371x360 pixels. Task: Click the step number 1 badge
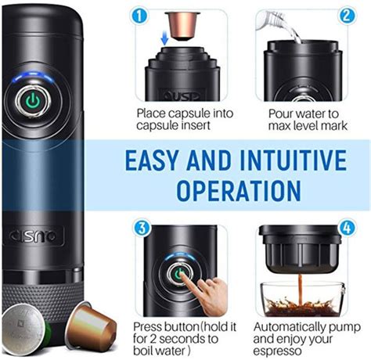[139, 16]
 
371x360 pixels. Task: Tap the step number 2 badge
[346, 16]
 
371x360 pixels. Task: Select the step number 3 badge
[142, 228]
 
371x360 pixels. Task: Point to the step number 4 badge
[348, 228]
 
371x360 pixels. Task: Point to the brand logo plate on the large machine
[33, 236]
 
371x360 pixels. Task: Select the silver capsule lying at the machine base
[25, 329]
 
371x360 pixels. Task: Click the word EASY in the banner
[153, 160]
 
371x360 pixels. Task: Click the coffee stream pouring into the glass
[301, 290]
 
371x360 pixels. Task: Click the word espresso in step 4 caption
[277, 351]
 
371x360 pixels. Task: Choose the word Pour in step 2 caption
[281, 114]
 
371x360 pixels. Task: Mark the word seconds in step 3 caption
[189, 339]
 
